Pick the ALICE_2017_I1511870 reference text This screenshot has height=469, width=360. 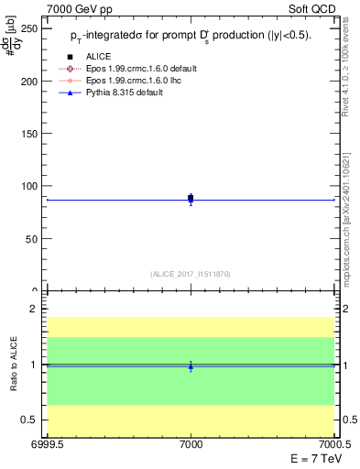coord(191,274)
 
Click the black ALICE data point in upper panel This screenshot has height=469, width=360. coord(191,198)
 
